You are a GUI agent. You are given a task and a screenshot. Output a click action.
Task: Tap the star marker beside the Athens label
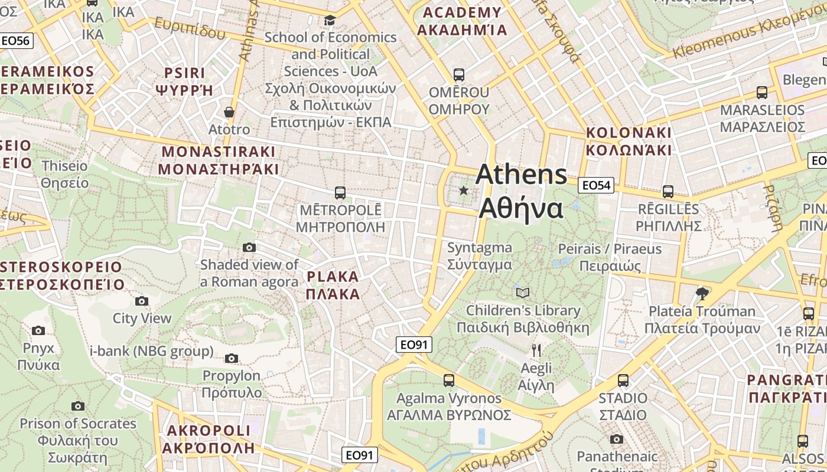464,191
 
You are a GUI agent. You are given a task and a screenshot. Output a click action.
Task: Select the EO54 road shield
595,185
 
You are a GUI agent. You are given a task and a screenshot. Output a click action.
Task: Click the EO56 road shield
16,40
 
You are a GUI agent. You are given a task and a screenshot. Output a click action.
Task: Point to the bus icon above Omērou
458,75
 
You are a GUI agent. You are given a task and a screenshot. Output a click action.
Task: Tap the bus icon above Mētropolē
340,192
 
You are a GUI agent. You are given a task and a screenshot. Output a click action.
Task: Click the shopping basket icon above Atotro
229,112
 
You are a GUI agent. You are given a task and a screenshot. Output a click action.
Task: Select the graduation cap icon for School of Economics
330,21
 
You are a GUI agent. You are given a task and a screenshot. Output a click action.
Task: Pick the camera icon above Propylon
232,358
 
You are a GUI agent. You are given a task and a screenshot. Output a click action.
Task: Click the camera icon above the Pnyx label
38,330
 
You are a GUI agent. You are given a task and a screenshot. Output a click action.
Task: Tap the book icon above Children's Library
523,293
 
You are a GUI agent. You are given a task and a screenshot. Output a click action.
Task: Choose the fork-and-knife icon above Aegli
536,350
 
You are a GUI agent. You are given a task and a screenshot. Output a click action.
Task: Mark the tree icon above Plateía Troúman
702,293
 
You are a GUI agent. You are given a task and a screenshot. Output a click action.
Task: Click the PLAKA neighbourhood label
333,285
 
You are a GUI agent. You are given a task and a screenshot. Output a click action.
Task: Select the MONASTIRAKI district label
219,160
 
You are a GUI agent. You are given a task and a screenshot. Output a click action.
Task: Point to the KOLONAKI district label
629,141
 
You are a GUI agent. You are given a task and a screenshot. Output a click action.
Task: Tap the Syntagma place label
479,256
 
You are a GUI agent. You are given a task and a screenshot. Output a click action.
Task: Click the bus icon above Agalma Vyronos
449,381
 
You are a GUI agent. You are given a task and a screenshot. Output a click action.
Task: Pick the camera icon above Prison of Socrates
77,406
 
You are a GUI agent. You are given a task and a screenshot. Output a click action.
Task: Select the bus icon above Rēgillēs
668,192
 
